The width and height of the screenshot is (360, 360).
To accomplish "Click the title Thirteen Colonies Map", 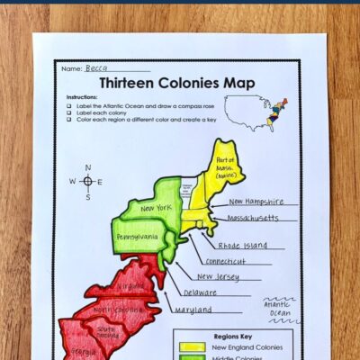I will point(176,83).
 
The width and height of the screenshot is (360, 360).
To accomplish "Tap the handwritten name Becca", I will point(96,67).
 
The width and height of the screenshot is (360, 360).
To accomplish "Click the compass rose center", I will point(87,181).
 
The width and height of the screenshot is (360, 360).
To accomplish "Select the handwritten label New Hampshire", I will point(256,202).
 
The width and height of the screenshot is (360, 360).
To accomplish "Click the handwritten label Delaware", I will point(200,292).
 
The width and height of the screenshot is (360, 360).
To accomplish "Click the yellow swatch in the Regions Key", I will point(192,346).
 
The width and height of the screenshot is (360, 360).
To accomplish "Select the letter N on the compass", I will point(87,166).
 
